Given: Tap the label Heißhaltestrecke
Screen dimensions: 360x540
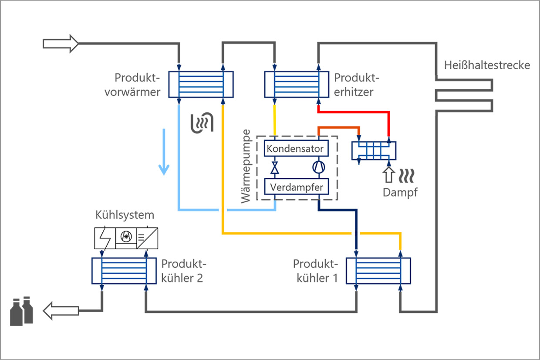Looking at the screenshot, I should (x=487, y=65).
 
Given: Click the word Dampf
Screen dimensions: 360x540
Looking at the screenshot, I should (x=400, y=192).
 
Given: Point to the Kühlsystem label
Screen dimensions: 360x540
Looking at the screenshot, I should (x=125, y=215).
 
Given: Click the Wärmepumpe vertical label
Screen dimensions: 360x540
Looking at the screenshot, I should (x=246, y=166).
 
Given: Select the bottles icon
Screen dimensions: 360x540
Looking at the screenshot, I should (x=22, y=311).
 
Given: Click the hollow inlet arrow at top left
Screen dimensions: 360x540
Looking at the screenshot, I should (x=61, y=44).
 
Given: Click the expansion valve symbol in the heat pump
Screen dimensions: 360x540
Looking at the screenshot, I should (x=275, y=168).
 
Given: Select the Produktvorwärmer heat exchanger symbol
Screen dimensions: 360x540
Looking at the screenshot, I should (x=201, y=85).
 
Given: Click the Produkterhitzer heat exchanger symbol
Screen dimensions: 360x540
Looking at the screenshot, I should (x=297, y=85).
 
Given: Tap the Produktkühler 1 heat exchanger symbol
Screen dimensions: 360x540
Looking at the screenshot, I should (x=378, y=271).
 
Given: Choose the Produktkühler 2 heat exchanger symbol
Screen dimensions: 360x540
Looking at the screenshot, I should (x=124, y=271).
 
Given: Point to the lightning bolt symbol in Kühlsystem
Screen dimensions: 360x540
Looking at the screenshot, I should (x=105, y=238).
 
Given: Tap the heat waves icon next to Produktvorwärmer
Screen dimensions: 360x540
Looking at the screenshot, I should (x=203, y=122).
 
